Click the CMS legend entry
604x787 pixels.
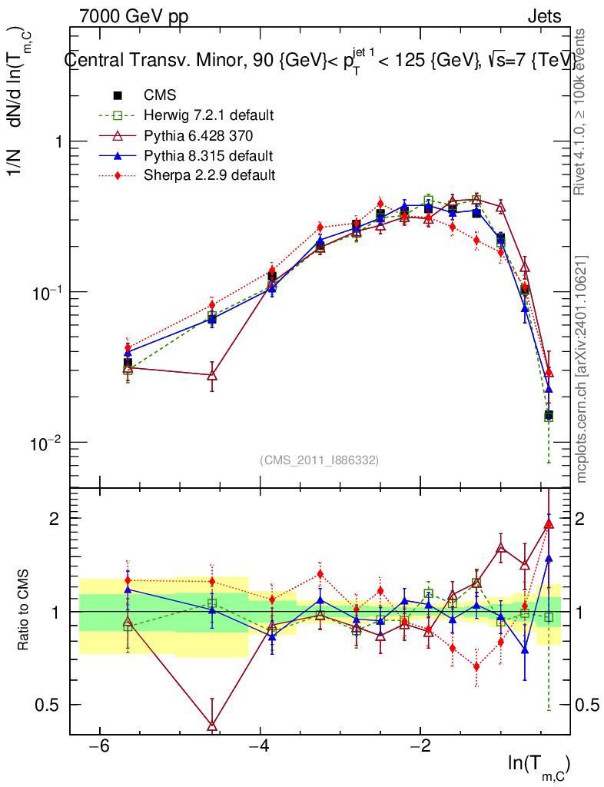160,96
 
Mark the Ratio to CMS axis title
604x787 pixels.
25,611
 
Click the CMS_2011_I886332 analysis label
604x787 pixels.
320,460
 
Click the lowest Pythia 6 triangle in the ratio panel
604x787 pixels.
212,725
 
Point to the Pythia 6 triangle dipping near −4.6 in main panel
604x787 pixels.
212,375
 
